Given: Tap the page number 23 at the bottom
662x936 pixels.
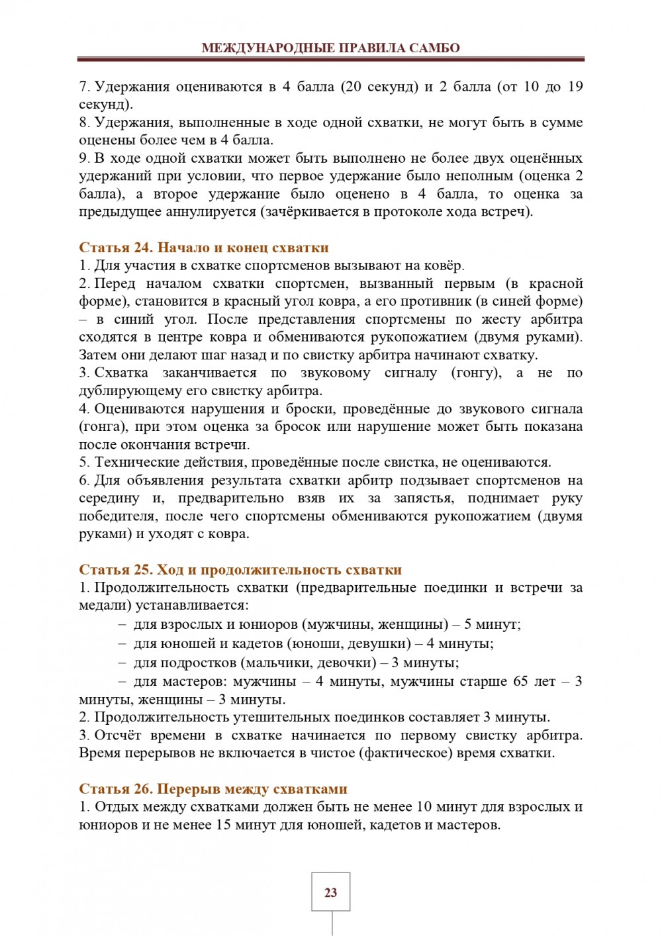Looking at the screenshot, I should click(x=331, y=892).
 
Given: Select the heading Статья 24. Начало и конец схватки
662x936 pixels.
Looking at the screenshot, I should click(x=204, y=248).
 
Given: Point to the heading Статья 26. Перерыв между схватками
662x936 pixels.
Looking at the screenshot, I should click(x=213, y=788).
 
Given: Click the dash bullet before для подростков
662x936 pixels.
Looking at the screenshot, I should click(x=122, y=663).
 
